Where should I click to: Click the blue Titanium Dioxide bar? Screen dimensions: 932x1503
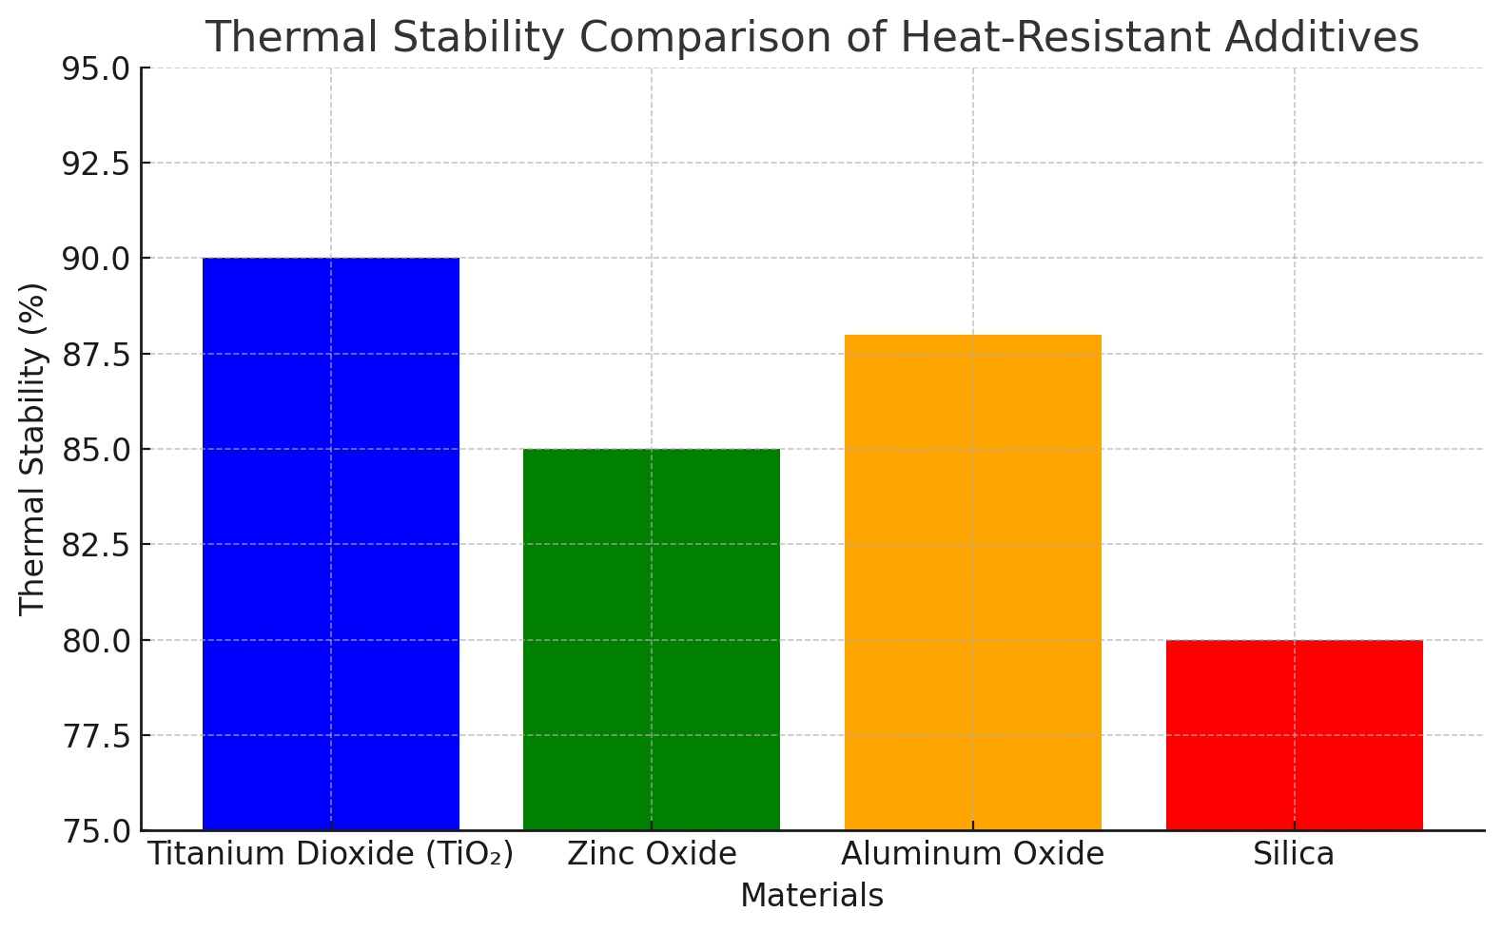(x=331, y=544)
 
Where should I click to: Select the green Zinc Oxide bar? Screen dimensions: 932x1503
(x=652, y=639)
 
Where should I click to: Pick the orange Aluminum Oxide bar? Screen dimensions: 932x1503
(x=972, y=582)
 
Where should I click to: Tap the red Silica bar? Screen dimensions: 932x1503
(x=1294, y=734)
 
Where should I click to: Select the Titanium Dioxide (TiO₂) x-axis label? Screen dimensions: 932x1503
(x=331, y=854)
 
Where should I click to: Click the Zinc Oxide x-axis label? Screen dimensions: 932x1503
(x=652, y=854)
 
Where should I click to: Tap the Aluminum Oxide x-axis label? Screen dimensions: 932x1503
(x=972, y=854)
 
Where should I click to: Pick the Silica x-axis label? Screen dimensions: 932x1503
(x=1294, y=854)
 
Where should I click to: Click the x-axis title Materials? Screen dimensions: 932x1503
(x=811, y=896)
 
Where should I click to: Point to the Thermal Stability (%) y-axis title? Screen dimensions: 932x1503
(x=32, y=449)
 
